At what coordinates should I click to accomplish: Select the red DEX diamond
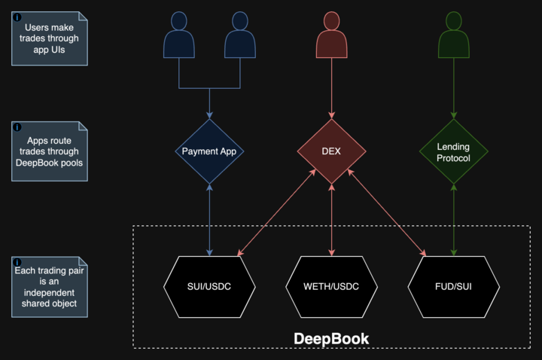331,151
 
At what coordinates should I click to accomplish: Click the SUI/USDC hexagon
209,286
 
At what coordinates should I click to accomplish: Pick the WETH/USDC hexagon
331,286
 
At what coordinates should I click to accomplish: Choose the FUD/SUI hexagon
453,286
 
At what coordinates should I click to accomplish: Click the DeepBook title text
331,339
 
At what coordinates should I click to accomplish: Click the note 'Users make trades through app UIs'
47,38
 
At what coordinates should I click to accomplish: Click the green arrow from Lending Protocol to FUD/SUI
453,218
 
